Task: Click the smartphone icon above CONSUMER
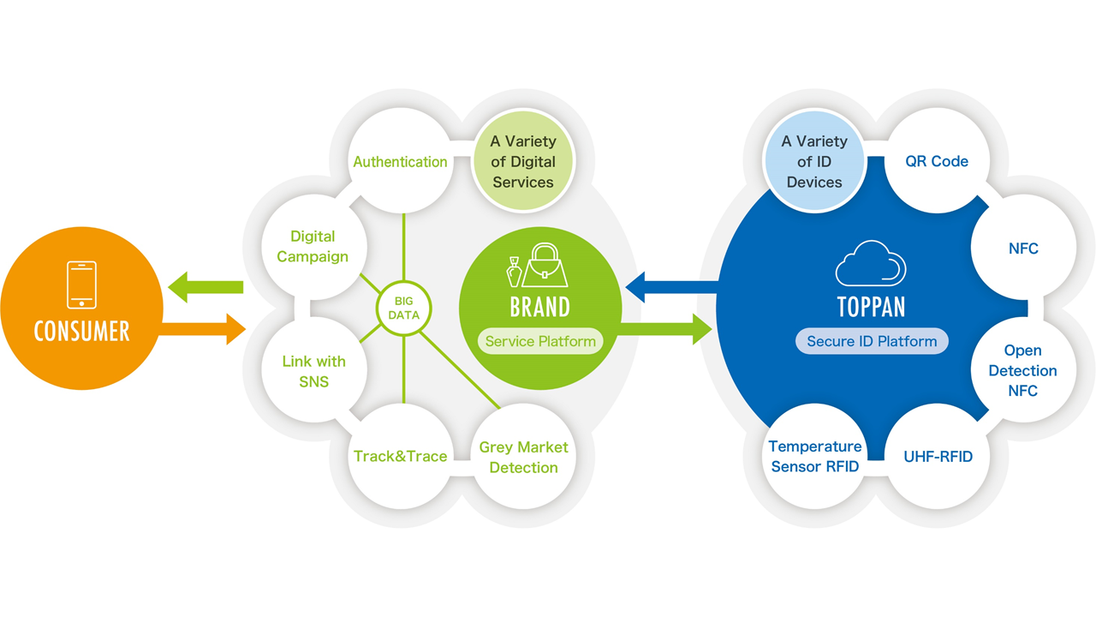tap(81, 285)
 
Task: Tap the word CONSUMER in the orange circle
tap(81, 331)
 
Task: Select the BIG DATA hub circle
tap(403, 308)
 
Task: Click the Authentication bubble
tap(400, 161)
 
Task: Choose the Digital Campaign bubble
tap(313, 246)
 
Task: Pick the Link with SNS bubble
tap(313, 371)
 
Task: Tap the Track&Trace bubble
tap(400, 456)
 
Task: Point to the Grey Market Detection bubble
tap(523, 457)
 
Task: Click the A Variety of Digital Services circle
tap(523, 161)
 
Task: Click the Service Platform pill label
tap(540, 341)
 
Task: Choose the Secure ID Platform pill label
tap(872, 341)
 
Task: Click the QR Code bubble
tap(937, 161)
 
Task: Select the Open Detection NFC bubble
tap(1022, 371)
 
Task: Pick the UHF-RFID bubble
tap(938, 457)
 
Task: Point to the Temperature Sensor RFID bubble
tap(814, 457)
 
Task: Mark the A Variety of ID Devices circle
tap(814, 161)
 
